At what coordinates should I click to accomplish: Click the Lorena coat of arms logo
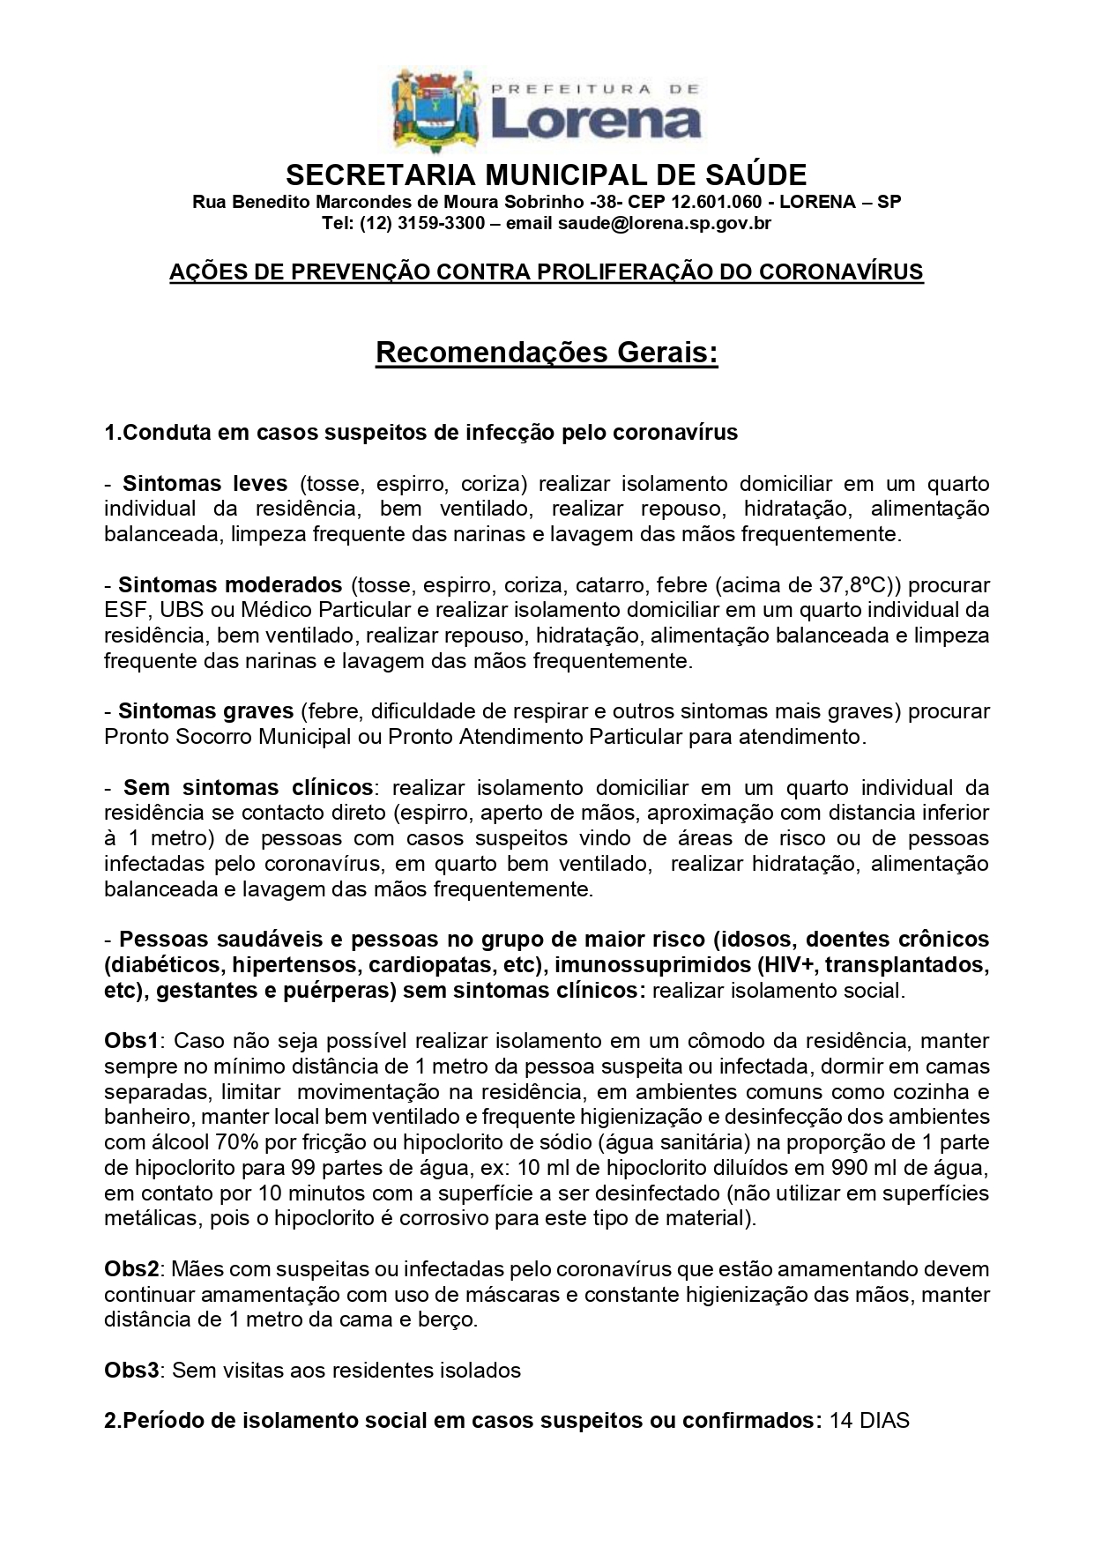(x=436, y=110)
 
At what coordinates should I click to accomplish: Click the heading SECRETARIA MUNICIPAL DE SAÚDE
(x=547, y=174)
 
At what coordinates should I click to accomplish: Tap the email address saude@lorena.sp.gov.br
(x=664, y=223)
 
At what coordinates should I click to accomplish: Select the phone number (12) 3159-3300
(x=421, y=223)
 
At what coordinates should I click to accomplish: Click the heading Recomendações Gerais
(x=547, y=353)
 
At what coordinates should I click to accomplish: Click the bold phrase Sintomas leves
(x=205, y=483)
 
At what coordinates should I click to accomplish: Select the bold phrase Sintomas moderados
(x=229, y=584)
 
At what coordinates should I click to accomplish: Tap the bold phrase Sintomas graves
(x=205, y=710)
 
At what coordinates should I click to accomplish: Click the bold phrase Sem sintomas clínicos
(x=248, y=787)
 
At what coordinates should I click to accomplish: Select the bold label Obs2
(x=131, y=1269)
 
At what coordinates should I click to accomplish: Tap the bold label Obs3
(x=131, y=1371)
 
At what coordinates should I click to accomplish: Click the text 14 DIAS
(x=868, y=1421)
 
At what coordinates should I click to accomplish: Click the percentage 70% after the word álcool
(x=236, y=1142)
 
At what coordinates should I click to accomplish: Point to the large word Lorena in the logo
(x=595, y=121)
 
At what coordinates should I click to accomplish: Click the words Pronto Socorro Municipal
(x=227, y=736)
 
